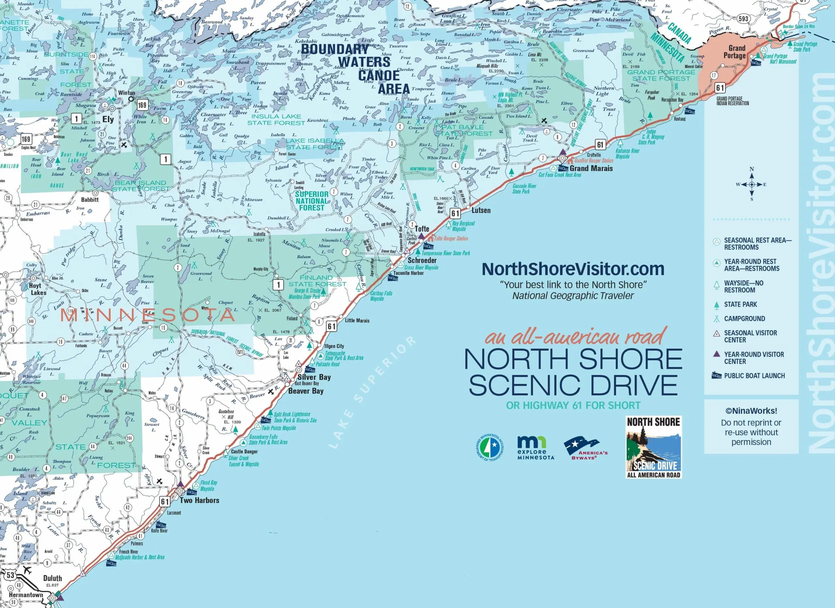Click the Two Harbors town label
(199, 500)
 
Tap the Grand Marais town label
(591, 168)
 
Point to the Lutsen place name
(481, 210)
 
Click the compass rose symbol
(751, 185)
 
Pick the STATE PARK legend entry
(740, 304)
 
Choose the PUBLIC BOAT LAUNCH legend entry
(754, 376)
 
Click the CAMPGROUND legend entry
(744, 319)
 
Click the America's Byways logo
(585, 449)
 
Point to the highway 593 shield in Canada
(743, 18)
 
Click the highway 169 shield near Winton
(142, 105)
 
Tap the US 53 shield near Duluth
(10, 575)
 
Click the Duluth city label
(52, 578)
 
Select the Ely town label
(108, 119)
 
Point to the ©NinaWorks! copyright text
(751, 411)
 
